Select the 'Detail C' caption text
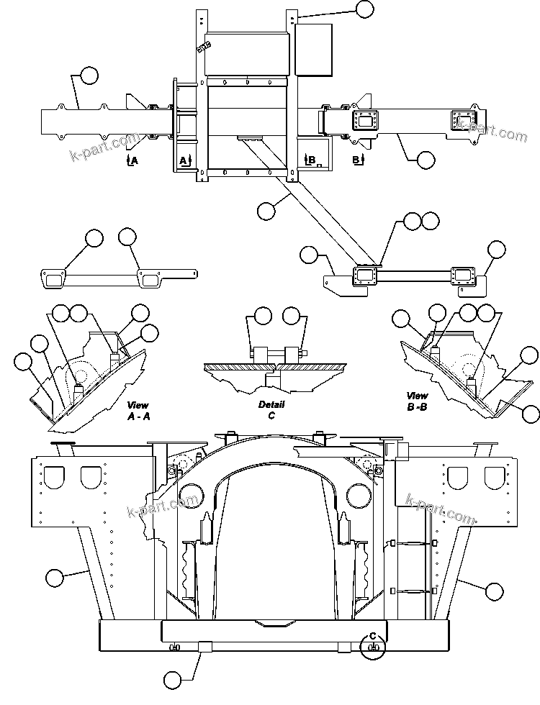(271, 410)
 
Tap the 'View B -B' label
(417, 401)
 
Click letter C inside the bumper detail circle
(373, 635)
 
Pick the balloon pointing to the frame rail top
(366, 9)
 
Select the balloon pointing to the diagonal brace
(266, 210)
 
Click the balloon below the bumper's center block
(172, 678)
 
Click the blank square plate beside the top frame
(314, 50)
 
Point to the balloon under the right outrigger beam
(426, 159)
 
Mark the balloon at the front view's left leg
(55, 576)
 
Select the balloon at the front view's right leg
(493, 591)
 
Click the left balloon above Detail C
(263, 314)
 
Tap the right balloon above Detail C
(291, 314)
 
